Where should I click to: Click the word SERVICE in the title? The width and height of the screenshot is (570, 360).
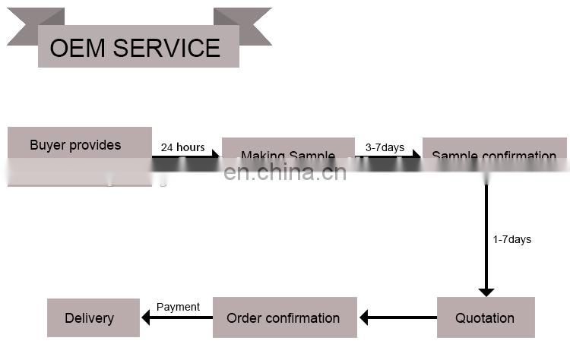coord(167,48)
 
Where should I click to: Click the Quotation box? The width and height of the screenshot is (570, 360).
coord(485,317)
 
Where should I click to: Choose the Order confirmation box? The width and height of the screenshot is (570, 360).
coord(283,317)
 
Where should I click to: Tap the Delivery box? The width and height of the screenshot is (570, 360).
coord(93,317)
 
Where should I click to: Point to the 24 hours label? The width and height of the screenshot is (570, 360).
coord(182,147)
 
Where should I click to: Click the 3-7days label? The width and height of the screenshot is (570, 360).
coord(385,147)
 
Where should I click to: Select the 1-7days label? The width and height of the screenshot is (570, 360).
coord(511,239)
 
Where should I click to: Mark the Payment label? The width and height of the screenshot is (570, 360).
coord(178,307)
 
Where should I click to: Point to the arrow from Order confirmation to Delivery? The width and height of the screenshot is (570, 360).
coord(177,317)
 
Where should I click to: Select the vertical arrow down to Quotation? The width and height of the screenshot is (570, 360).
coord(486,235)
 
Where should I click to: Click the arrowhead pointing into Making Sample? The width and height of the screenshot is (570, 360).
coord(216,156)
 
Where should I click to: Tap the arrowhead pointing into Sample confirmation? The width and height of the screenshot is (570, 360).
coord(416,156)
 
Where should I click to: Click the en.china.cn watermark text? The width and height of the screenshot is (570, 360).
coord(285,172)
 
